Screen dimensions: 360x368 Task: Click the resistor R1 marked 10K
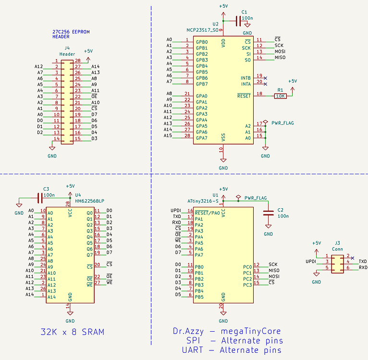point(280,96)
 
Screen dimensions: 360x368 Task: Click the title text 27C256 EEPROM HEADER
point(71,35)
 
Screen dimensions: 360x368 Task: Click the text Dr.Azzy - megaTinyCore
point(227,331)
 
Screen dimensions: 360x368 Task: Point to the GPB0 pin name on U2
point(202,42)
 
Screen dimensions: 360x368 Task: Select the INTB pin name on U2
point(245,78)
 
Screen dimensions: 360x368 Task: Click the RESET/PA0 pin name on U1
point(208,212)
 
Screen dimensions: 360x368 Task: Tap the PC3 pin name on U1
point(247,285)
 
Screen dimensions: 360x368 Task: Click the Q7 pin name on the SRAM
point(89,255)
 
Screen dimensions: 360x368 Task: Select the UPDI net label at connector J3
point(311,262)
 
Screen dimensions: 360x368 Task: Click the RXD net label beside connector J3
point(363,267)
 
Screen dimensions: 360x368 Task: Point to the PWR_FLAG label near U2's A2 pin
point(282,123)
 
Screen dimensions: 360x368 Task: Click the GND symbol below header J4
point(52,152)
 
